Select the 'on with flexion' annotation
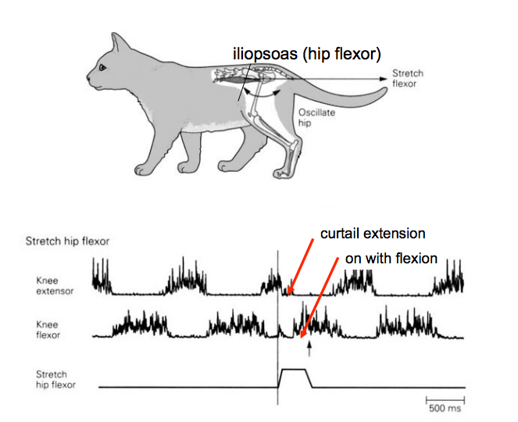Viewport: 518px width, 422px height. [391, 258]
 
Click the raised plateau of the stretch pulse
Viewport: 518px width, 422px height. [294, 370]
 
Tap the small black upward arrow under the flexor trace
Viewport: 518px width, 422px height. [310, 351]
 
